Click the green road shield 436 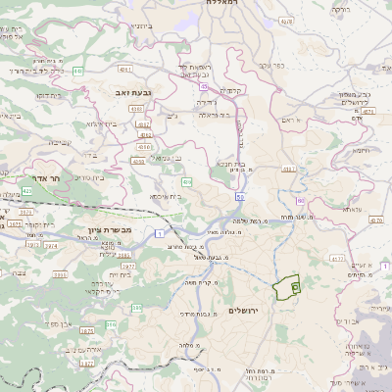tap(186, 182)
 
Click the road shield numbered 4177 tap(336, 259)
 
